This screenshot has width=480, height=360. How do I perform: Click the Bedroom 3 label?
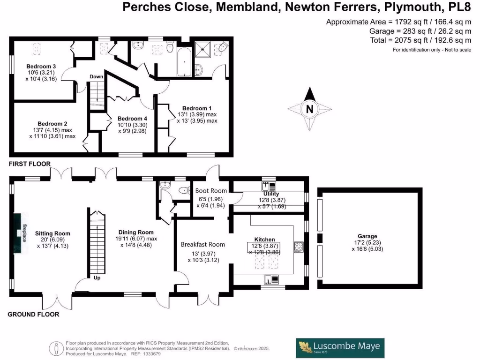[x=41, y=67]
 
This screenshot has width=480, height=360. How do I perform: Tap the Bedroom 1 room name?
[x=197, y=108]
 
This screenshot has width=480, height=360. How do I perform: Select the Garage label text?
[x=367, y=236]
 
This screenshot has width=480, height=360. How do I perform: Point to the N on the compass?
[x=310, y=109]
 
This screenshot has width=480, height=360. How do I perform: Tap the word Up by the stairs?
[x=97, y=278]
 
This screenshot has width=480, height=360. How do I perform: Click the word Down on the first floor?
[x=97, y=76]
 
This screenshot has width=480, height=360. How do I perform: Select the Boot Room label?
[x=211, y=191]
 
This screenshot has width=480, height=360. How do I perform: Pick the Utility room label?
[x=271, y=194]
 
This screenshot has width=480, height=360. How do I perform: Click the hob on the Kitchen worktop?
[x=299, y=247]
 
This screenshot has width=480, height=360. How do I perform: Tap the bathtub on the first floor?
[x=184, y=62]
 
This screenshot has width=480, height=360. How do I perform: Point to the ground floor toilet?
[x=185, y=190]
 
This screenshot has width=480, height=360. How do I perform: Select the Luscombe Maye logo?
[x=340, y=348]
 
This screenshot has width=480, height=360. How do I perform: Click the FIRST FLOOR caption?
[x=30, y=164]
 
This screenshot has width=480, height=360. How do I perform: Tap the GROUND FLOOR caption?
[x=33, y=315]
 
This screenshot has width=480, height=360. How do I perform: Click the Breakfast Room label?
[x=203, y=245]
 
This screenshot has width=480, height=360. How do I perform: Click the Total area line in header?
[x=420, y=40]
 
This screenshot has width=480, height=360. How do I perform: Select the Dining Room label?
[x=136, y=232]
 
